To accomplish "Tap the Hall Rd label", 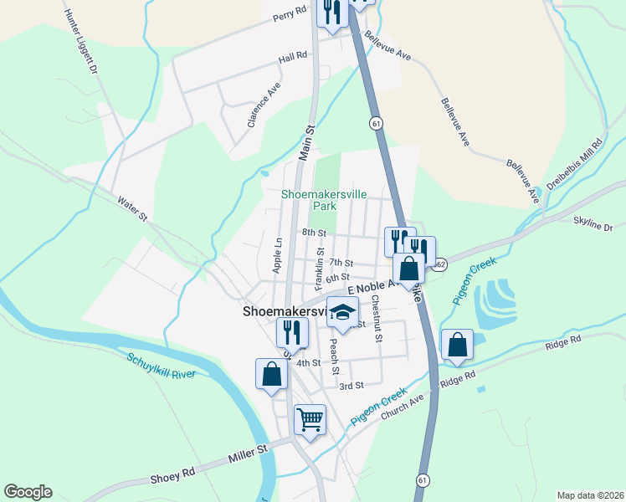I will click(x=293, y=56).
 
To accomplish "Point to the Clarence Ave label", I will click(x=263, y=105).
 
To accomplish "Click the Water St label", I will click(x=132, y=209).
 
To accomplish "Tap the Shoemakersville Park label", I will click(x=324, y=199).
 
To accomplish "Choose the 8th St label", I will click(x=314, y=232).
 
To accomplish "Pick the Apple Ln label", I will click(x=277, y=254).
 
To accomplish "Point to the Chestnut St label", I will click(x=377, y=318).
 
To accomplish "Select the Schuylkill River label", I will click(x=161, y=366).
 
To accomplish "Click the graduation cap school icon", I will click(x=341, y=312).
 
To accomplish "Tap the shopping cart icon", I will click(x=310, y=419).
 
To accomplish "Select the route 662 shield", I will click(x=441, y=264).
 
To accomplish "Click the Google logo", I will click(x=28, y=492).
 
